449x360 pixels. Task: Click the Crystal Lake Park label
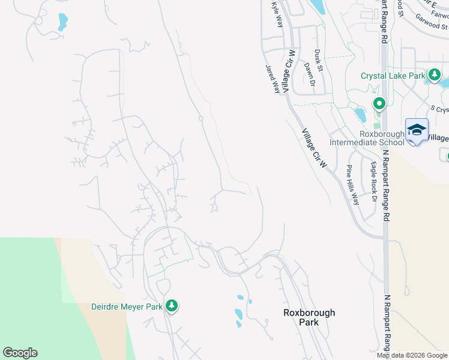coord(393,76)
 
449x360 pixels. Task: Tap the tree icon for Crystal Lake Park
coord(435,75)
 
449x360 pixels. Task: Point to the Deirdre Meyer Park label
coord(127,307)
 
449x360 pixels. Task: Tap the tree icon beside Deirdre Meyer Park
coord(172,306)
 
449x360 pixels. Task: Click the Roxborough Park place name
coord(309,317)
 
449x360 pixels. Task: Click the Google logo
coord(20,353)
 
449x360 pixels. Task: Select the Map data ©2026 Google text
coord(412,355)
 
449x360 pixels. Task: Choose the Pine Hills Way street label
coord(352,185)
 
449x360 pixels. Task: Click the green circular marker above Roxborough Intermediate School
coord(379,104)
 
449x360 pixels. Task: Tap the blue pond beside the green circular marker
coord(360,115)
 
